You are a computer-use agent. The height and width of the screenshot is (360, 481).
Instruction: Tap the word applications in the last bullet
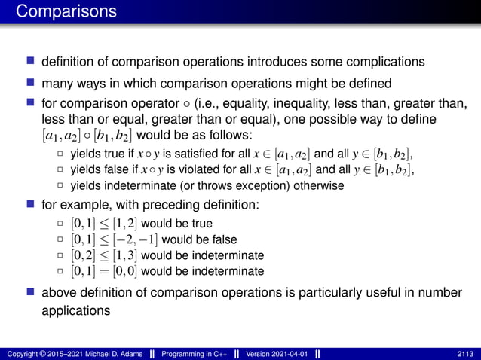click(74, 309)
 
